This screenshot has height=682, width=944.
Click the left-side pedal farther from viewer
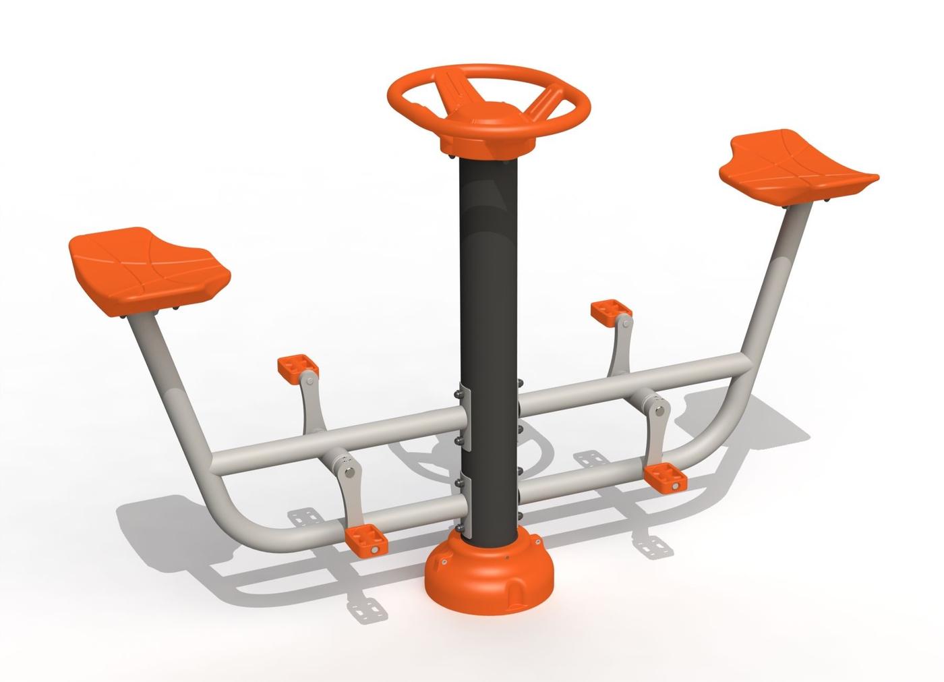297,368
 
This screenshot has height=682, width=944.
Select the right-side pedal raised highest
611,311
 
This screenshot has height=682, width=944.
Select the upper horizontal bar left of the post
337,442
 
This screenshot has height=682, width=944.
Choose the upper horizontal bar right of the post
634,385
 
